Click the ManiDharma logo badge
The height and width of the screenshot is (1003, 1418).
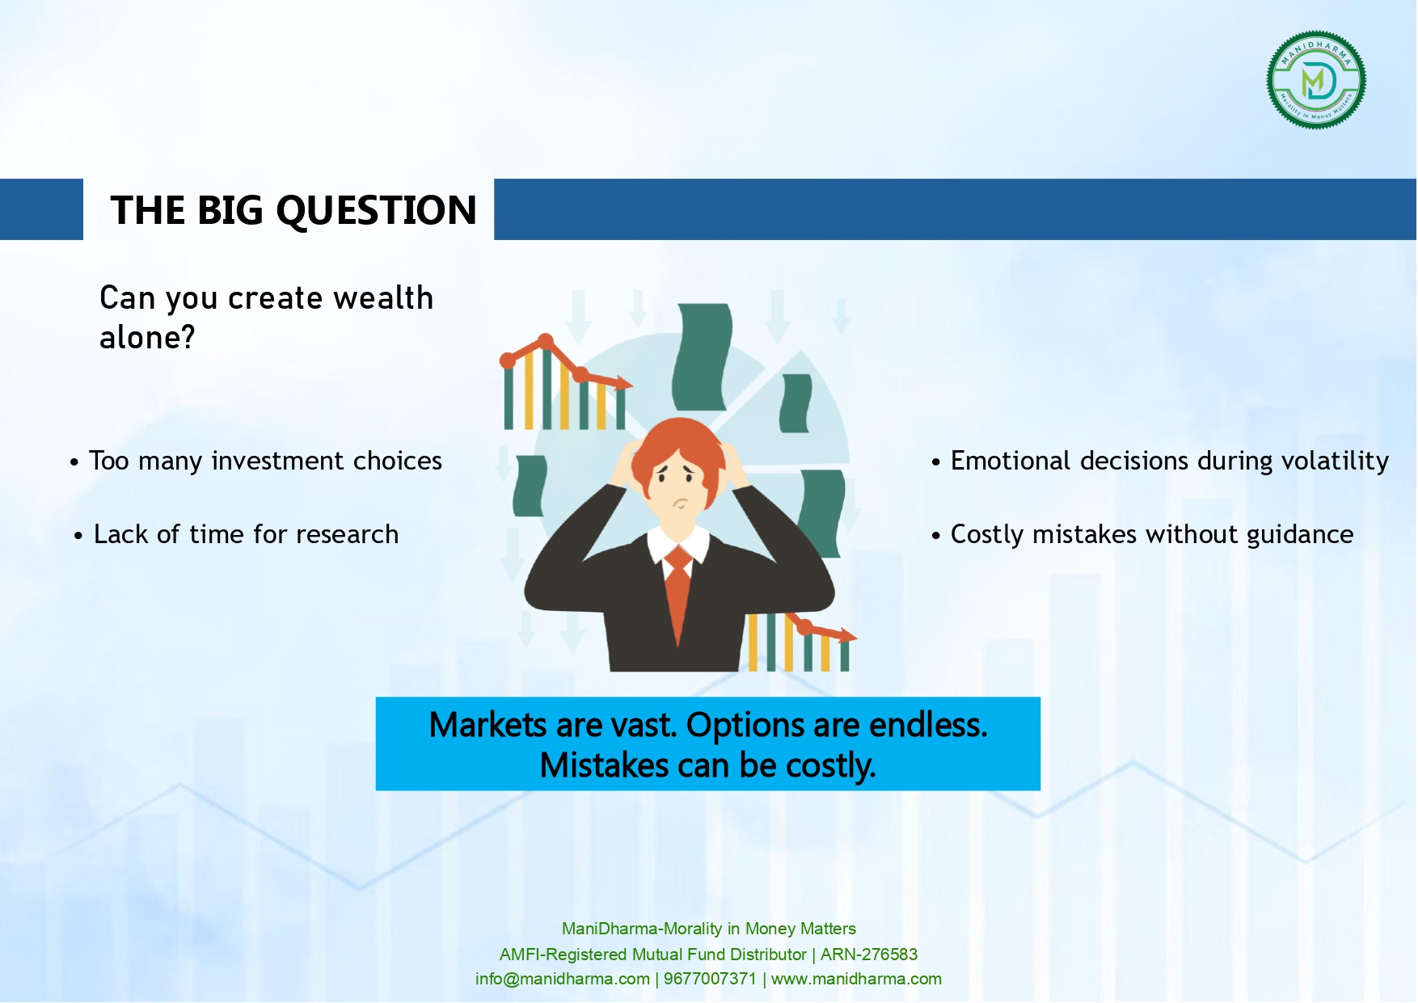tap(1316, 80)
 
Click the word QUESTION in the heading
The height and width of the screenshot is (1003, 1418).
tap(377, 210)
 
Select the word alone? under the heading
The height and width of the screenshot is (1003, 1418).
tap(147, 338)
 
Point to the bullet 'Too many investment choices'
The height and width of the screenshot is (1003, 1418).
tap(256, 461)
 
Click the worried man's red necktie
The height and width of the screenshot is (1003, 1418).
tap(678, 595)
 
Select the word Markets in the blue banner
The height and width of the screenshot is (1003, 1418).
tap(487, 725)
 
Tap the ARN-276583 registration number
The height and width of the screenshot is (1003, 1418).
tap(869, 955)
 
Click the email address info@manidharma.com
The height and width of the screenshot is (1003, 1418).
tap(563, 979)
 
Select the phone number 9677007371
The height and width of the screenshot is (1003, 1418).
tap(710, 979)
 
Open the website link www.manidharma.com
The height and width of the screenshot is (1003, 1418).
tap(856, 979)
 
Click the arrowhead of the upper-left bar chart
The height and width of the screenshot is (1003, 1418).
tap(623, 383)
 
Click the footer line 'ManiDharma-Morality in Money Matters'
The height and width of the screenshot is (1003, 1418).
tap(709, 929)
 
